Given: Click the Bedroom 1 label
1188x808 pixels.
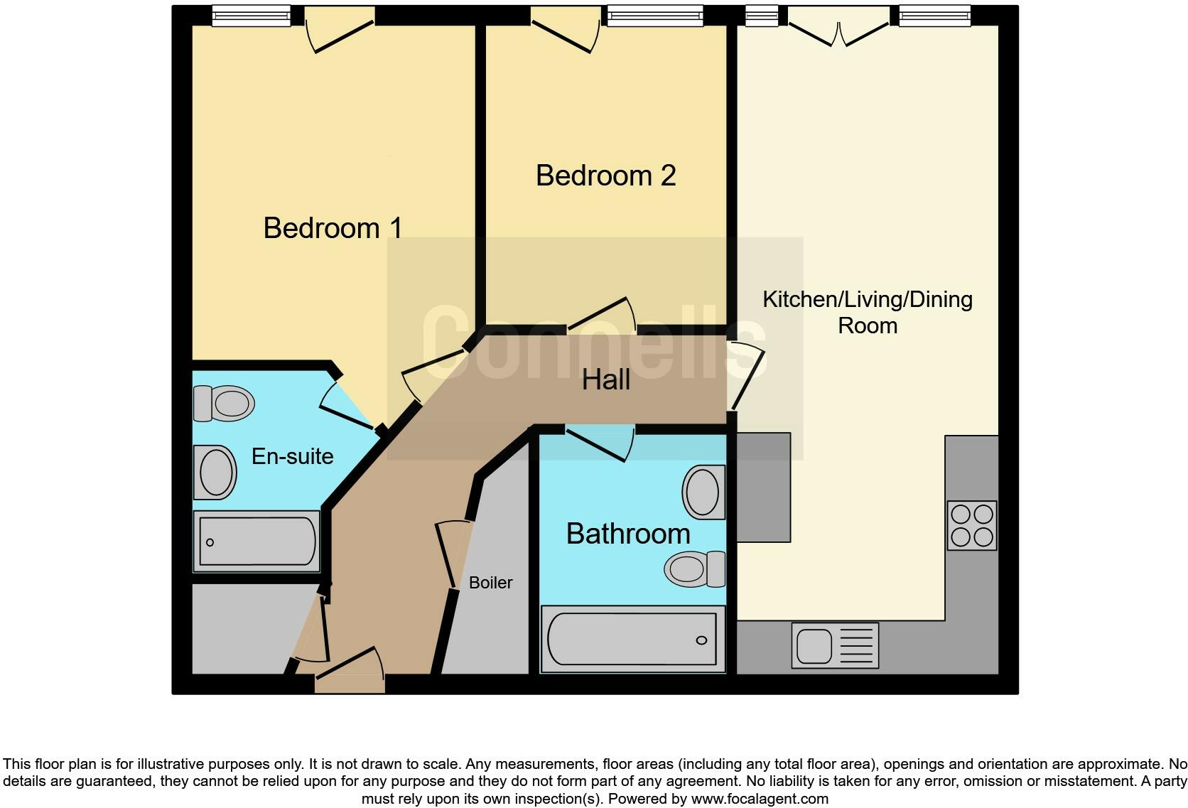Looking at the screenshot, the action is click(x=333, y=228).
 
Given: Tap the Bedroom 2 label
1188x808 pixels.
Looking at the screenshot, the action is click(x=605, y=176).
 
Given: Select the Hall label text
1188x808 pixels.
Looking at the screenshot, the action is click(x=605, y=380).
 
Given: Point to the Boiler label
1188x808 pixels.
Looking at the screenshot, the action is click(x=490, y=583).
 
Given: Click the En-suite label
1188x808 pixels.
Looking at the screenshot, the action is click(x=292, y=456).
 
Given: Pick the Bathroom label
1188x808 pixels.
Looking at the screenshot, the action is click(x=628, y=534).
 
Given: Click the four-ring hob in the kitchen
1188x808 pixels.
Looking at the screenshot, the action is click(x=972, y=525).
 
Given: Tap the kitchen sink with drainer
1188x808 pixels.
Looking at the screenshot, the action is click(x=836, y=645).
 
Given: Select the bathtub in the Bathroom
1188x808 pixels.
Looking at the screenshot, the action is click(x=632, y=640).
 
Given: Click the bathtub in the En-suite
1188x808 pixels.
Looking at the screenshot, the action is click(x=256, y=542).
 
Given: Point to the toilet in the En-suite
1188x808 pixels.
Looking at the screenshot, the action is click(x=224, y=403).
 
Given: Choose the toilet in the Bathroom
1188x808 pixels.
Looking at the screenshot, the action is click(x=695, y=569).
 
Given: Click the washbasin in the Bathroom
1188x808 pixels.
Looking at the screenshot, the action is click(x=704, y=492).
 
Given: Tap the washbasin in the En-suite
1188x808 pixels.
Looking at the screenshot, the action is click(x=215, y=472).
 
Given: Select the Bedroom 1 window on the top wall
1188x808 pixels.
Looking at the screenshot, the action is click(x=252, y=16).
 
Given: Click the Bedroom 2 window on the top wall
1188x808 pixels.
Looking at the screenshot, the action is click(x=655, y=16).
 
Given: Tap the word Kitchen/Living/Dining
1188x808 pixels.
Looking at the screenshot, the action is click(x=868, y=300).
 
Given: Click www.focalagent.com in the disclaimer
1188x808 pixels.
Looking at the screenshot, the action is click(x=760, y=799).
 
